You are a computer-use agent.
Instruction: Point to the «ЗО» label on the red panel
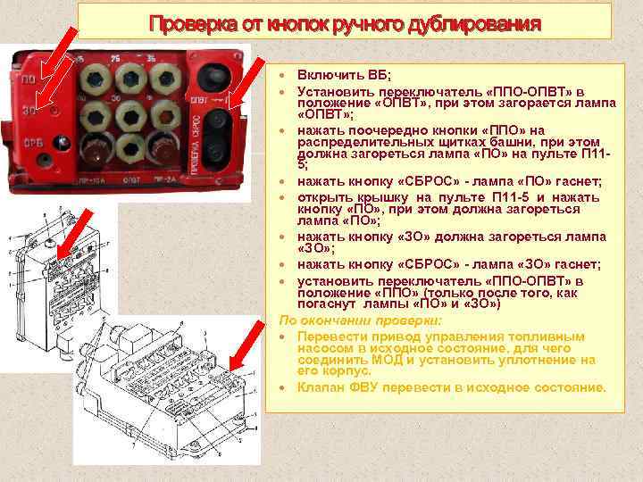tap(30, 110)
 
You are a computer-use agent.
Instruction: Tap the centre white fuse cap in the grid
tap(130, 112)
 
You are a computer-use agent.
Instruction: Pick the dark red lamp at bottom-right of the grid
tap(166, 144)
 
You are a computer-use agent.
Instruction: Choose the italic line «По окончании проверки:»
tap(360, 320)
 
